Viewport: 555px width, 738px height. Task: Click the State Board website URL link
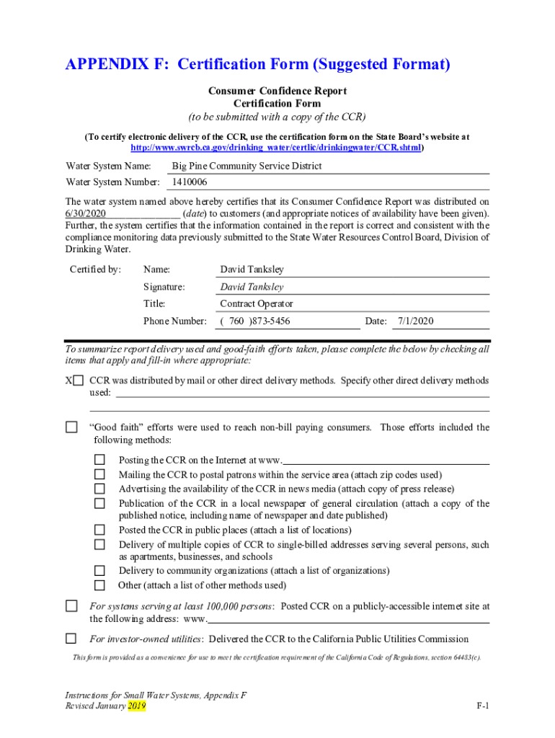coord(277,147)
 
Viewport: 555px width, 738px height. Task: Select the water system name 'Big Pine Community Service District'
coord(247,166)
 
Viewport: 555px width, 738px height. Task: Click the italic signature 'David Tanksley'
coord(252,287)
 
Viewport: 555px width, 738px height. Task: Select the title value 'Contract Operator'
coord(256,304)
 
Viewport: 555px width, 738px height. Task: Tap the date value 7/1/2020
coord(415,321)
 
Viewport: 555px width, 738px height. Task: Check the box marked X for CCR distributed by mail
coord(78,381)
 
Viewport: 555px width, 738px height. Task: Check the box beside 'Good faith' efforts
coord(71,427)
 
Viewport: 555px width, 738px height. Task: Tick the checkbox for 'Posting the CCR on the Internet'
coord(100,460)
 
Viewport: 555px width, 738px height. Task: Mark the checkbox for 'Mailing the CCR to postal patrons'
coord(100,475)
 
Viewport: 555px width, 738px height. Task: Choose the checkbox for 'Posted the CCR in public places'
coord(100,530)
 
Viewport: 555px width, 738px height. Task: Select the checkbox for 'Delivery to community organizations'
coord(100,571)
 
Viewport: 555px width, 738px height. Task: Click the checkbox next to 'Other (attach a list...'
coord(100,585)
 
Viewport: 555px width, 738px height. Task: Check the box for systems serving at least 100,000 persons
coord(71,606)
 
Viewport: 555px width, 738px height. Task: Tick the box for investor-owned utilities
coord(71,639)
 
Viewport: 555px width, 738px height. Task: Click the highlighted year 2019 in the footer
coord(137,706)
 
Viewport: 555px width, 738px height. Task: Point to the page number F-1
coord(482,706)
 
